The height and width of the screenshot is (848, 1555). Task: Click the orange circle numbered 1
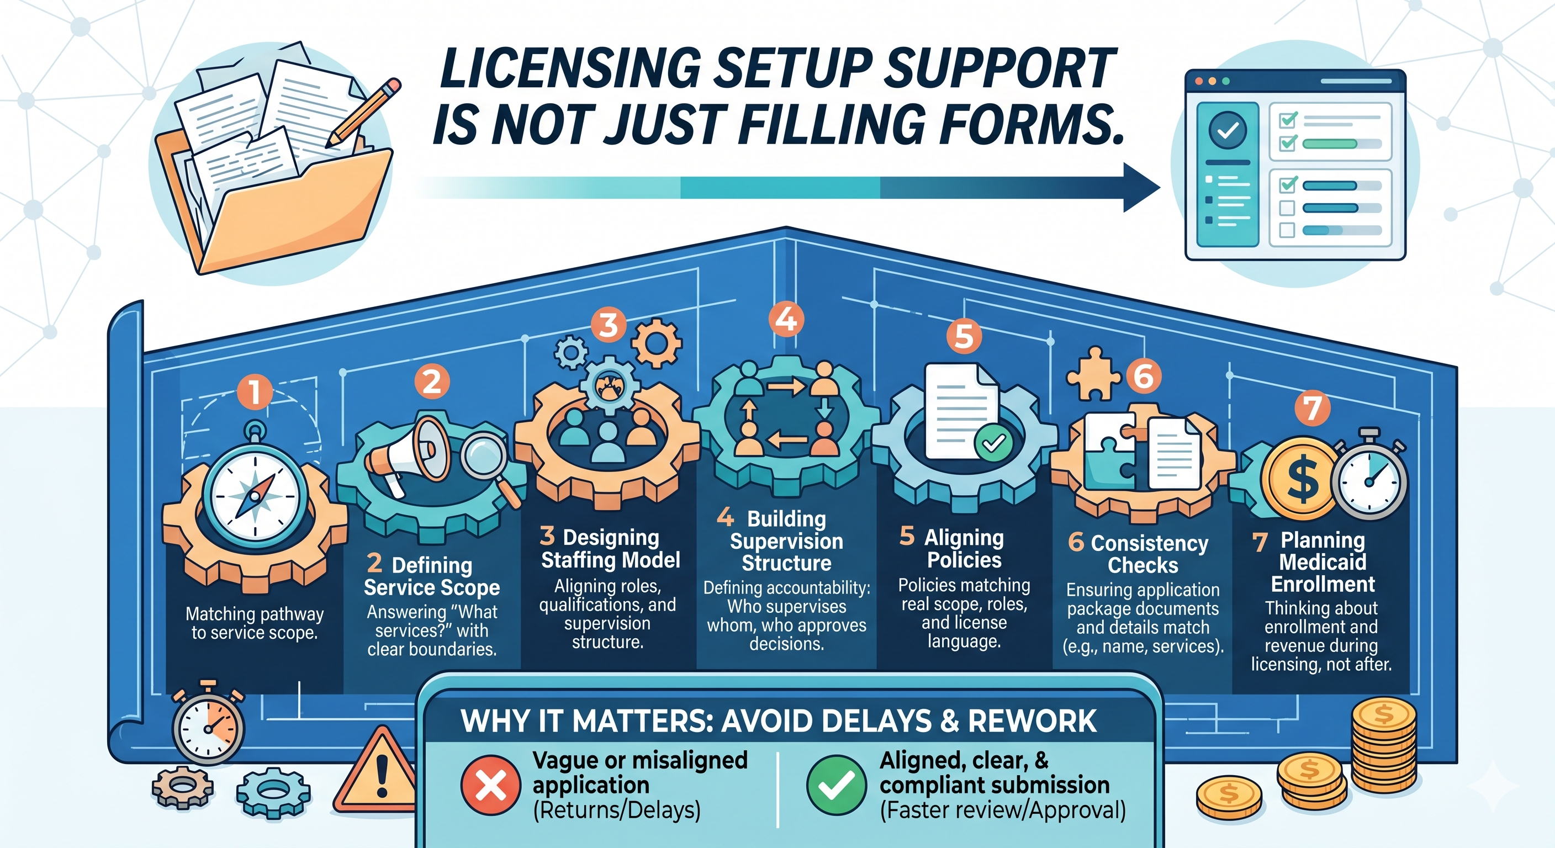(x=255, y=392)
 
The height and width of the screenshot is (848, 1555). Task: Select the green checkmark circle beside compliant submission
(x=836, y=785)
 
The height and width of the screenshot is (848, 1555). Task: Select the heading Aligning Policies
(x=964, y=549)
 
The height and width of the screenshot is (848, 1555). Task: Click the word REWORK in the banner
(x=1032, y=721)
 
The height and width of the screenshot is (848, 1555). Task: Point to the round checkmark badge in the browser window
(x=1227, y=130)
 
